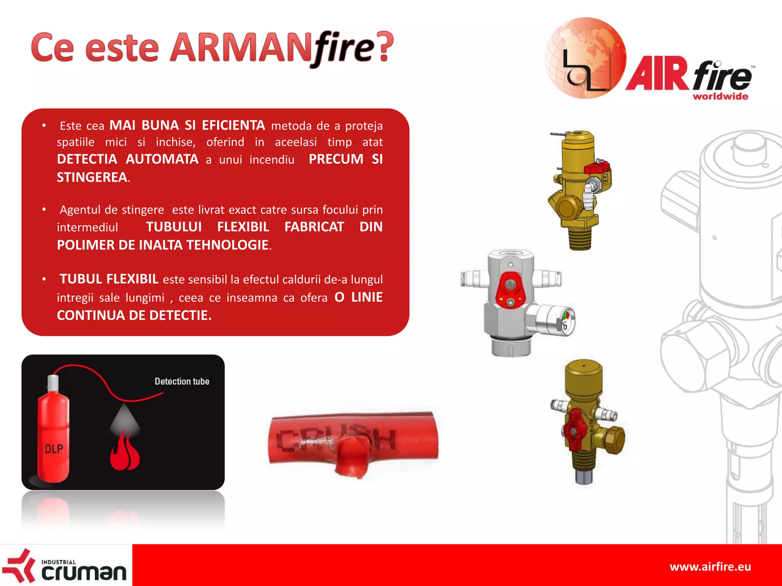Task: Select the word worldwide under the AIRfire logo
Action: click(x=720, y=97)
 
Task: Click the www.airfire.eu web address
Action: click(x=710, y=567)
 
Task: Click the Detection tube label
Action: click(x=182, y=381)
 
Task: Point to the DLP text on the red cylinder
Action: click(x=54, y=449)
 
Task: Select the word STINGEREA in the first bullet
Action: click(x=92, y=177)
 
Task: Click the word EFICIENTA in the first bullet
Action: click(x=233, y=125)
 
